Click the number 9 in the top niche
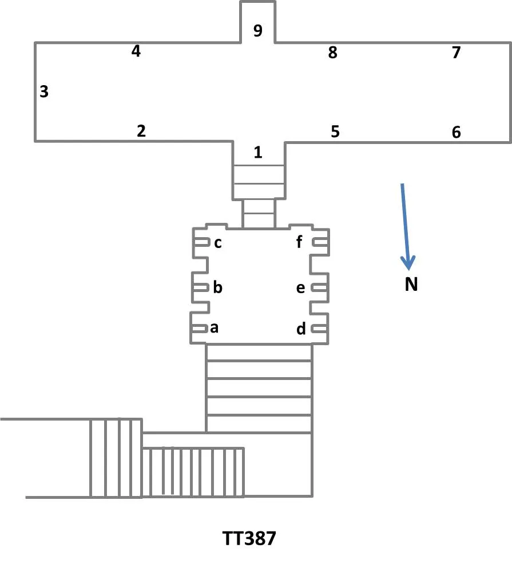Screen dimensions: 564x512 [258, 31]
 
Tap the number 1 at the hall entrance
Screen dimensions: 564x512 [258, 153]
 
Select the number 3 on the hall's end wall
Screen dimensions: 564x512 [44, 91]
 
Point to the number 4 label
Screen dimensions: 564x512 [136, 51]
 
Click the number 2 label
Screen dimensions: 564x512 [141, 131]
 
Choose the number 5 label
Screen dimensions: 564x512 [335, 131]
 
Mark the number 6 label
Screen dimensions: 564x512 [456, 132]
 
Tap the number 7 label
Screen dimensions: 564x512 [456, 53]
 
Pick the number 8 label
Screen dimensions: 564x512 [332, 53]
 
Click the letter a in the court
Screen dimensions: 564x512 [215, 328]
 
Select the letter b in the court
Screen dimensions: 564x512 [217, 287]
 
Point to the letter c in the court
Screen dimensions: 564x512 [217, 243]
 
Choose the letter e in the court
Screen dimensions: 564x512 [301, 288]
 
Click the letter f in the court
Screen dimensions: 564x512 [299, 242]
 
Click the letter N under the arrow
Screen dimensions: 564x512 [411, 285]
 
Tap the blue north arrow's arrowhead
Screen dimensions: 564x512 [407, 262]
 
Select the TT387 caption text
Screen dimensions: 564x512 [249, 539]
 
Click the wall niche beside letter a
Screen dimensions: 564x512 [200, 329]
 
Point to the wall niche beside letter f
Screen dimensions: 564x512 [320, 243]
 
